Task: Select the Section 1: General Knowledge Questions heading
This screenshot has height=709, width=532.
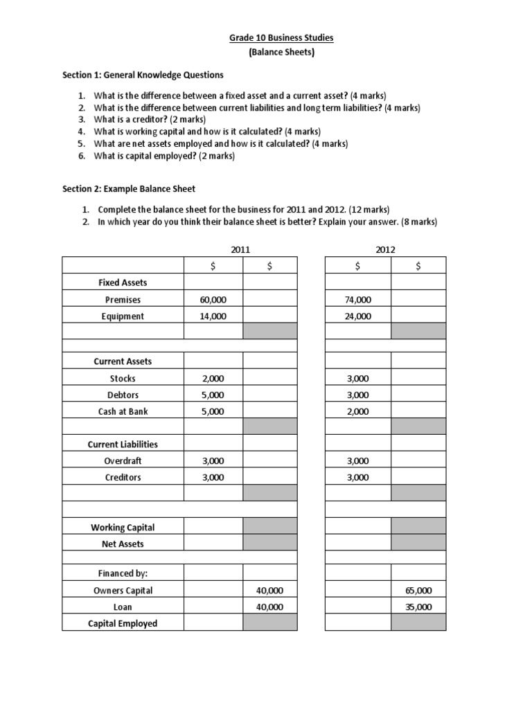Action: [x=143, y=75]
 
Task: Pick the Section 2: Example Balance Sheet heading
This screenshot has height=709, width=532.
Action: [x=129, y=188]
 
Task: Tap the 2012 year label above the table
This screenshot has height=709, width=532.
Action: [x=385, y=249]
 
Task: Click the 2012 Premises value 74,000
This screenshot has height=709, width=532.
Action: [x=358, y=300]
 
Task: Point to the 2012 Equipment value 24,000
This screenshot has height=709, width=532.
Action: [x=358, y=316]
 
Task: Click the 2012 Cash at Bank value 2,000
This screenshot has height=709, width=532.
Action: [x=358, y=411]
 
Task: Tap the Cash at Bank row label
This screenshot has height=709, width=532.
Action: [x=123, y=411]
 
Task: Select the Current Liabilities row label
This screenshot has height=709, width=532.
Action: [x=123, y=445]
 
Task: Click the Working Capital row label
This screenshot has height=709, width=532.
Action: [x=123, y=528]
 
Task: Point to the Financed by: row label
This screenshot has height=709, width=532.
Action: [x=123, y=574]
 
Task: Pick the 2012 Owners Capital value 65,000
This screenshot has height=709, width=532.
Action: [x=418, y=591]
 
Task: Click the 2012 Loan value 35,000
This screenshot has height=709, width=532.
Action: [x=418, y=607]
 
